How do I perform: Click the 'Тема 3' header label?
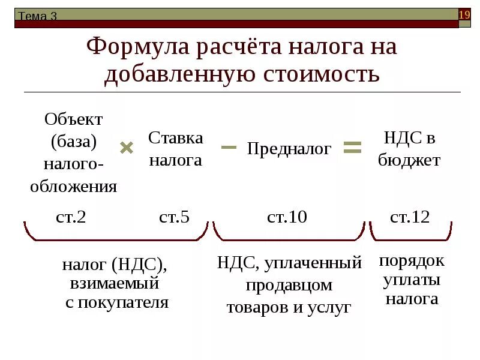[37, 16]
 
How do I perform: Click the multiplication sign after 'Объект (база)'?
[126, 148]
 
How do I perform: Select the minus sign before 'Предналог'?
[229, 147]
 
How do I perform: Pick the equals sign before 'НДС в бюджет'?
[352, 147]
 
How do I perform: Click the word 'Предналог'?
[289, 149]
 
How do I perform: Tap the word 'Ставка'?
[176, 138]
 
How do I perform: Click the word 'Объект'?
[74, 119]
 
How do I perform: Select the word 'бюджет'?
[410, 161]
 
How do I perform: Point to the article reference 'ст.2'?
[71, 217]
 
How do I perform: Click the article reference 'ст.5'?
[175, 217]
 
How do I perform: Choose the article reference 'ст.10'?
[287, 217]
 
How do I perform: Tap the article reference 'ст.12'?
[410, 217]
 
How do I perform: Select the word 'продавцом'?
[289, 286]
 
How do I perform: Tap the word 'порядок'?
[412, 261]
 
